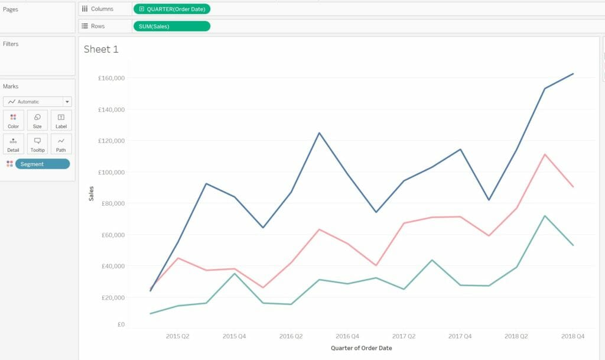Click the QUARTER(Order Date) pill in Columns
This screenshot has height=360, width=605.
pos(172,9)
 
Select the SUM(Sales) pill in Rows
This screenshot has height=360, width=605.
pos(172,26)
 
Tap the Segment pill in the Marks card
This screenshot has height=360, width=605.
pos(42,164)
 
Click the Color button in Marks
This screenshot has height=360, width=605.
pos(13,121)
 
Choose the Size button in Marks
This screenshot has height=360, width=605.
pos(37,121)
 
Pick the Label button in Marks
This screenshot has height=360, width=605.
pos(61,121)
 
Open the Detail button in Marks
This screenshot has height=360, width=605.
pos(13,144)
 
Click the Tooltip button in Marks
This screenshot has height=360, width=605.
pos(37,144)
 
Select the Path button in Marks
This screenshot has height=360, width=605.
pos(61,144)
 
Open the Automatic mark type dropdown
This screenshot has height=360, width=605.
pos(37,102)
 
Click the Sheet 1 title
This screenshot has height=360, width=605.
pos(101,49)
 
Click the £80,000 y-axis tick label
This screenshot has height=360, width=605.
pos(112,203)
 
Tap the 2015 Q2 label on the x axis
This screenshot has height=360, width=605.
pos(177,336)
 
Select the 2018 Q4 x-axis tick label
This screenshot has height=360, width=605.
pos(573,336)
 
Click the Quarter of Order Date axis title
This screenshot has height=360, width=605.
pos(361,348)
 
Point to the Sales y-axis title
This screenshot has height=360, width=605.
pos(91,193)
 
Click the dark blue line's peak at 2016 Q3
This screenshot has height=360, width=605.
pos(319,132)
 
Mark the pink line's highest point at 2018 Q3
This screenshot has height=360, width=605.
pos(544,154)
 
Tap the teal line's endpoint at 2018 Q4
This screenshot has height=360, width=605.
pos(573,245)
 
